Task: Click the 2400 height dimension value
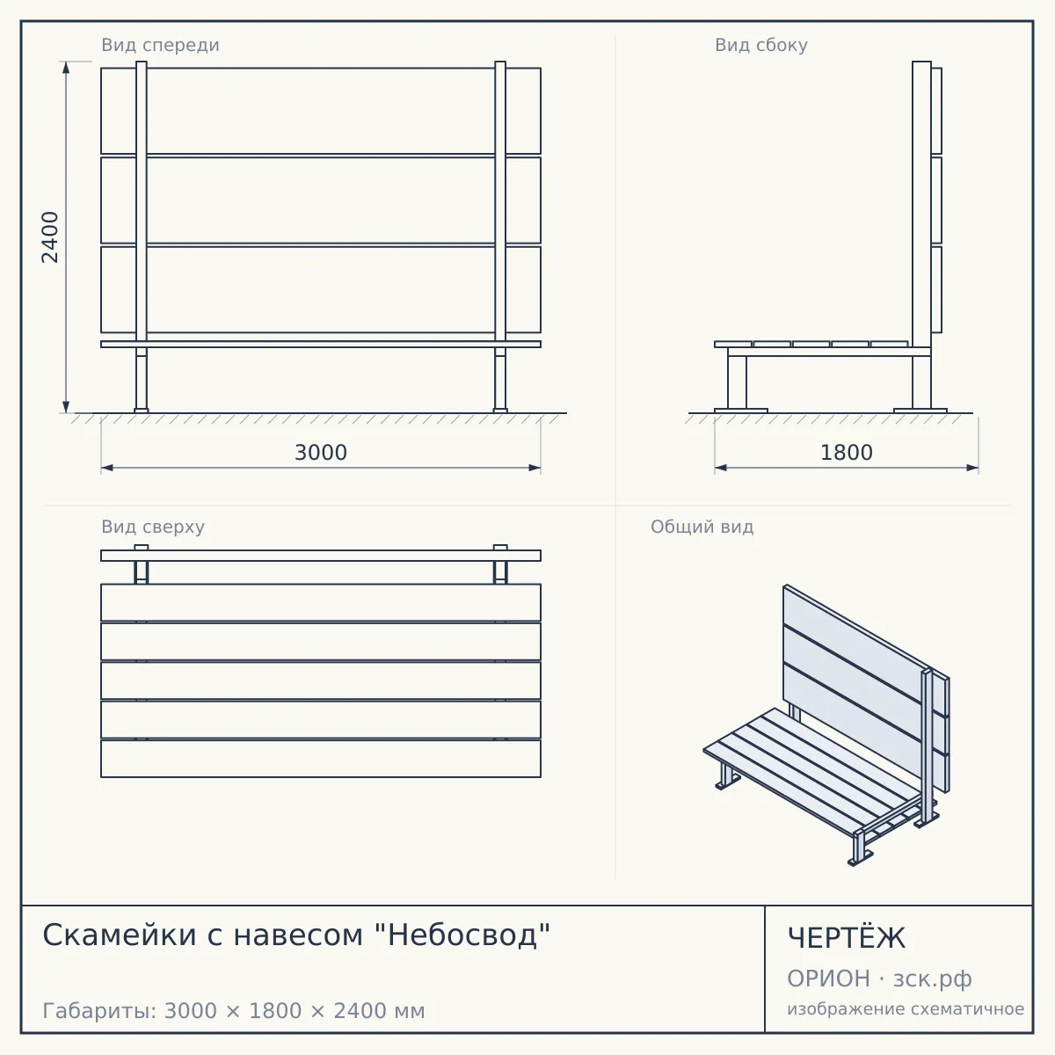coord(50,237)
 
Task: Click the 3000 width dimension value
coord(321,453)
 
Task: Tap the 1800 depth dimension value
coord(847,453)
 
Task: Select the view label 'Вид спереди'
coord(160,45)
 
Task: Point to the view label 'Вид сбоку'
coord(761,45)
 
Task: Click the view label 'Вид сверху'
coord(153,527)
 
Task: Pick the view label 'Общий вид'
coord(702,527)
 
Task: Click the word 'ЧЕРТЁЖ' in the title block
coord(847,938)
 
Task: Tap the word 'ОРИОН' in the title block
coord(828,979)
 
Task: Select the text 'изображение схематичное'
coord(906,1009)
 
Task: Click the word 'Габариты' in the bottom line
coord(100,1011)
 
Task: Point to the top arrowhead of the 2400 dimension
coord(66,68)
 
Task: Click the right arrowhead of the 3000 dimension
coord(535,468)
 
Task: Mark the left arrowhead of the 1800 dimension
coord(721,468)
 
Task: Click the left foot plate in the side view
coord(741,411)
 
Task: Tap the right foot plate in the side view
coord(920,411)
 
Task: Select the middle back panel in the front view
coord(321,200)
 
